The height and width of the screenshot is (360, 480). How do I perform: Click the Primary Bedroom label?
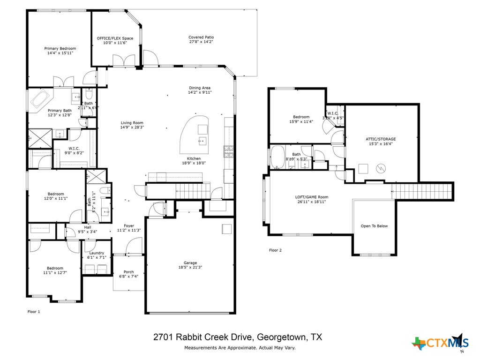60,48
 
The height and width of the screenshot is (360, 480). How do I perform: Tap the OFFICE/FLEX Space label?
115,38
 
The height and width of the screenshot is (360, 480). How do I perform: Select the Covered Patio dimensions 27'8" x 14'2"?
201,42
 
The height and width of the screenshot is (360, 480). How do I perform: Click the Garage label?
190,262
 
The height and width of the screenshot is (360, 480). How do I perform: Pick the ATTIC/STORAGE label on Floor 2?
381,139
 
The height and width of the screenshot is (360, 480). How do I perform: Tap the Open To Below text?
374,226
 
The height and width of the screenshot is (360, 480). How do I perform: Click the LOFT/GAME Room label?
312,197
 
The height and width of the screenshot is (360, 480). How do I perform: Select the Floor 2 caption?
275,250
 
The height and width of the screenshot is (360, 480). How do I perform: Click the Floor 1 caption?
34,311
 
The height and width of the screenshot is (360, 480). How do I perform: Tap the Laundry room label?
96,253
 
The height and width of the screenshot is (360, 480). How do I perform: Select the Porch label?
128,272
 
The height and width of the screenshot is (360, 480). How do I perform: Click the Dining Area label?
200,88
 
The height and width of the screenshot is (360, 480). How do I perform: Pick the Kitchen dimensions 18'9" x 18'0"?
194,163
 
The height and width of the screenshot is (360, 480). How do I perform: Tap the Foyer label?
129,225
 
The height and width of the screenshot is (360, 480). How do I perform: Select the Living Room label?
132,122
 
